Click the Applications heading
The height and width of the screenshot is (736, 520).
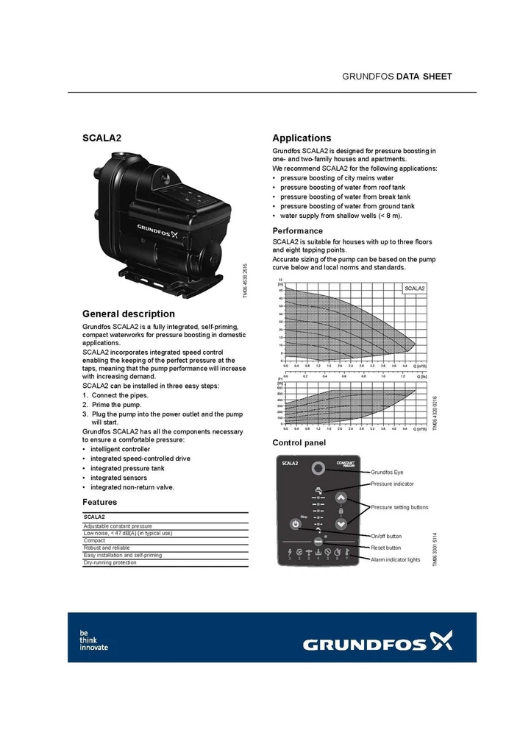click(302, 138)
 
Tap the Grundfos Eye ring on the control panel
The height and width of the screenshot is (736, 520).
click(318, 469)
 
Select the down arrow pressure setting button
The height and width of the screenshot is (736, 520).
click(341, 524)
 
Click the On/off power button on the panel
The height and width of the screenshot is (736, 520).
click(293, 526)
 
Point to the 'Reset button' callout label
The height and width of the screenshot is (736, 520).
click(386, 548)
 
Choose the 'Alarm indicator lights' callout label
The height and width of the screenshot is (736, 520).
click(396, 560)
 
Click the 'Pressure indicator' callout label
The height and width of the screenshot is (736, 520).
click(392, 484)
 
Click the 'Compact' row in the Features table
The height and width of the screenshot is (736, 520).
click(95, 540)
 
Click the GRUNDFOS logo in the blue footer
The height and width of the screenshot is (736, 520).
click(378, 644)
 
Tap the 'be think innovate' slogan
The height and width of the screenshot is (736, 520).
click(93, 640)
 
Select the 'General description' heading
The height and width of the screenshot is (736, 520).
click(129, 314)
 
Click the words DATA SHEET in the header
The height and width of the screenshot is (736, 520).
click(424, 77)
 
